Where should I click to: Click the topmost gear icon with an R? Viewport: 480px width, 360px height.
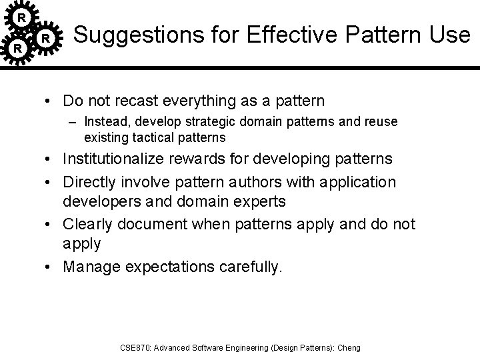[x=22, y=15]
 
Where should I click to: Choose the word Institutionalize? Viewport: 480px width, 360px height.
[x=125, y=159]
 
